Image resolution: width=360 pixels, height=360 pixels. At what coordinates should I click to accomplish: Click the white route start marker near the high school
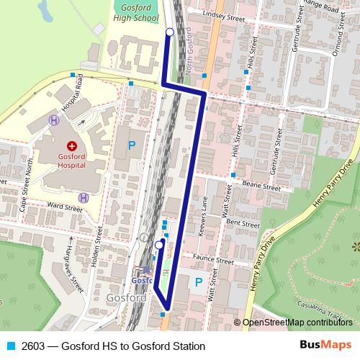[170, 32]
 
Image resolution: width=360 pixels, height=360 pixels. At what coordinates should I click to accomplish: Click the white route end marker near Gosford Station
[158, 246]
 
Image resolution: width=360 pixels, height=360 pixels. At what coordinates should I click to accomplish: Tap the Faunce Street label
[215, 261]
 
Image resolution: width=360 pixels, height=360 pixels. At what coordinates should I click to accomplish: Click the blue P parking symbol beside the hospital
[131, 145]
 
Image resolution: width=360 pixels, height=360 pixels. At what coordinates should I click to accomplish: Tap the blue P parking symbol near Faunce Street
[198, 282]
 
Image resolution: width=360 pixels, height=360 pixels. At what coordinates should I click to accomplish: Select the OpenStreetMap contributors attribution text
[297, 323]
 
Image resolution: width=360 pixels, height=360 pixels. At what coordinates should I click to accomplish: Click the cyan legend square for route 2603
[11, 346]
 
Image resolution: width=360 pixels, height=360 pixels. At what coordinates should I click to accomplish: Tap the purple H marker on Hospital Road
[53, 120]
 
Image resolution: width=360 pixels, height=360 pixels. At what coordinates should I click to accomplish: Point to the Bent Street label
[243, 224]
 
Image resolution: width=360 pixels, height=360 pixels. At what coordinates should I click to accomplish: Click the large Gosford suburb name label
[126, 297]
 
